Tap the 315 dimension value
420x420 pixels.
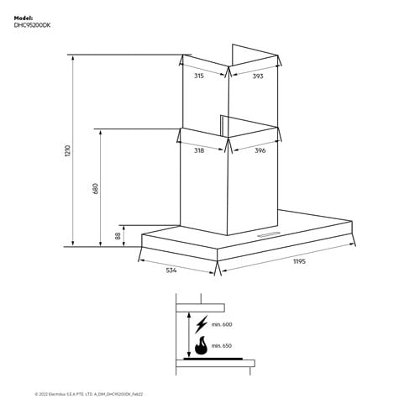tap(199, 76)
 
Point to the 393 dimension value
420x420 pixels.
tap(258, 76)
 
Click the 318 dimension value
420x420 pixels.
tap(199, 150)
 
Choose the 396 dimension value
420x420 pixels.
tap(260, 150)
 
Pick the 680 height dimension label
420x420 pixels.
tap(96, 188)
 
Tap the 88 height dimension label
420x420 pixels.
tap(118, 236)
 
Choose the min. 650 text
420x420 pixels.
tap(221, 345)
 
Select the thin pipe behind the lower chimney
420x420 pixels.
tap(221, 125)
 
